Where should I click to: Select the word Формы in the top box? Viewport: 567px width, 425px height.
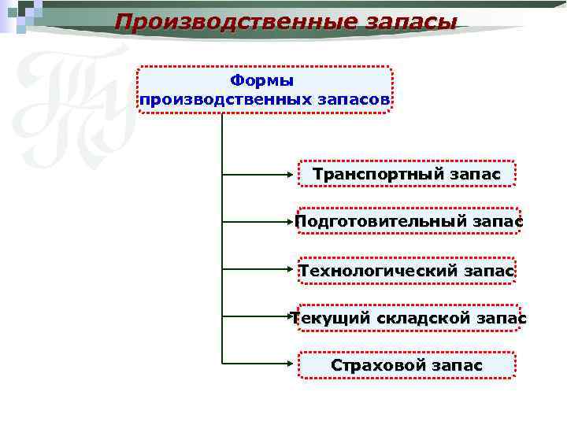(x=262, y=80)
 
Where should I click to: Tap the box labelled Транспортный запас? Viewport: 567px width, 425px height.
(x=406, y=174)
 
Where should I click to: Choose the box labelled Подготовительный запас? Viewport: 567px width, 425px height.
(x=408, y=222)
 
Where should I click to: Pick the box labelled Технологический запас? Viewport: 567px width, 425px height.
(x=406, y=271)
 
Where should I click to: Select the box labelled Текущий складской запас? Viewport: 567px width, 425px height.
(x=408, y=318)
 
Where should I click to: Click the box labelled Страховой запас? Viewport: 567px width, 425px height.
(x=406, y=365)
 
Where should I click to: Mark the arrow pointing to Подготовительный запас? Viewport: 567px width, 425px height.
(x=260, y=222)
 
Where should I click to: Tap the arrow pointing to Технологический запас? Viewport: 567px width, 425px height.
(x=260, y=270)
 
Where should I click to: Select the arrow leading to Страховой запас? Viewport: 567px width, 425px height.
(x=260, y=364)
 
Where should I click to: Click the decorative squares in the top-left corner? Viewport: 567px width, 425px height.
(x=24, y=16)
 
